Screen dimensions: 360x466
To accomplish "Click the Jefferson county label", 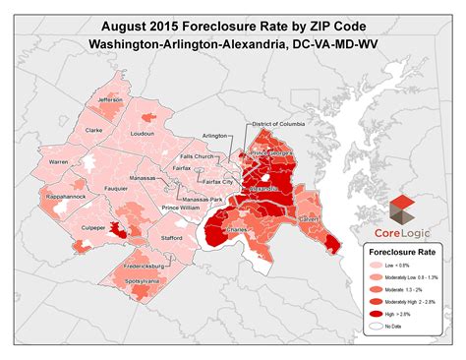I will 110,100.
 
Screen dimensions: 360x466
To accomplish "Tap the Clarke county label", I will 94,129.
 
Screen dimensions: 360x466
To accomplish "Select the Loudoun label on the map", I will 142,132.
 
